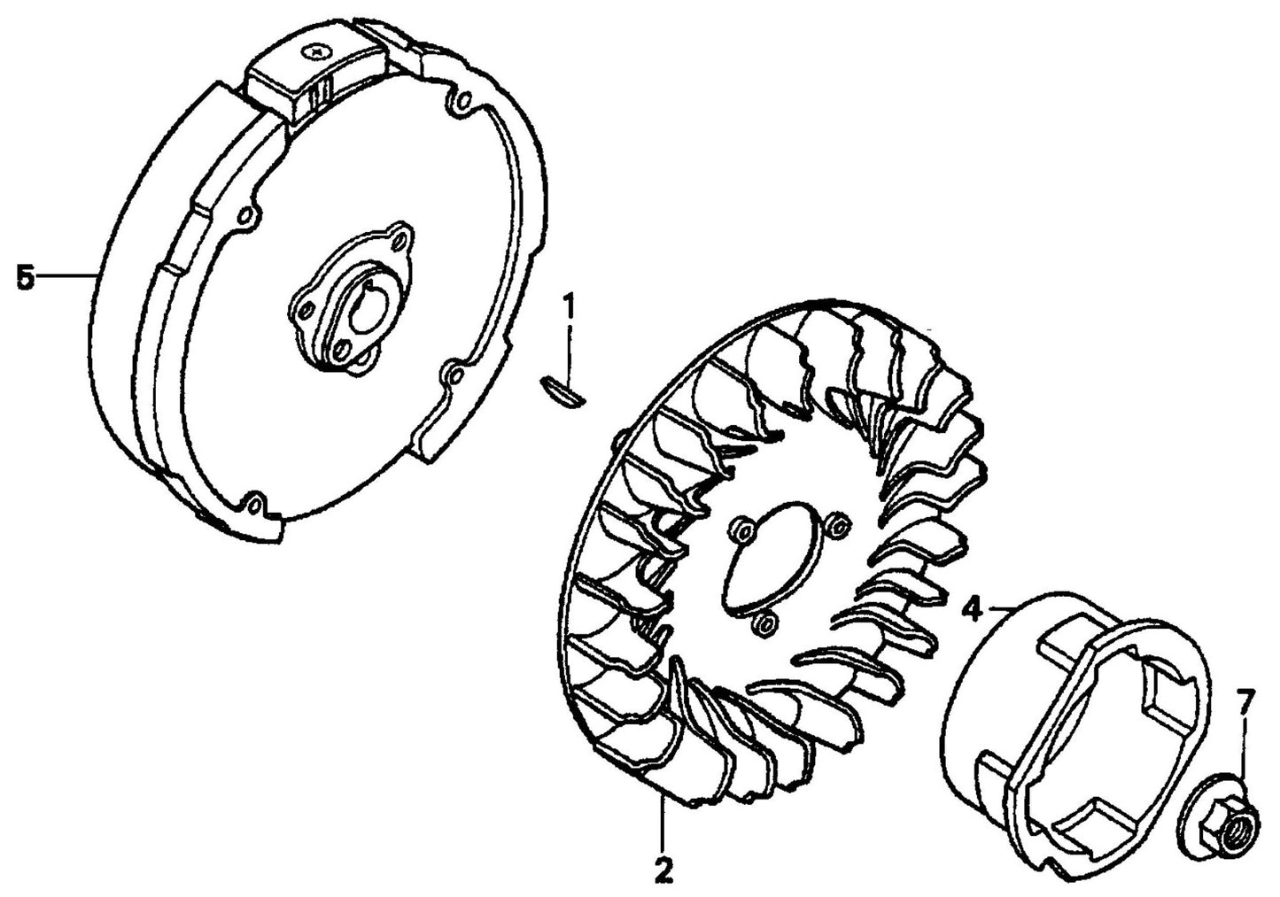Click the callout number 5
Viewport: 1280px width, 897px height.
[25, 277]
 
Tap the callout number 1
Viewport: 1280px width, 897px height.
[570, 308]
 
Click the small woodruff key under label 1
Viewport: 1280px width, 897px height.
[561, 391]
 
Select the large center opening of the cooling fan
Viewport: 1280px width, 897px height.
[768, 554]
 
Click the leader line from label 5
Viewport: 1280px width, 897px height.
[66, 277]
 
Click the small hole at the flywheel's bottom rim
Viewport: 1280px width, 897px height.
[255, 504]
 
